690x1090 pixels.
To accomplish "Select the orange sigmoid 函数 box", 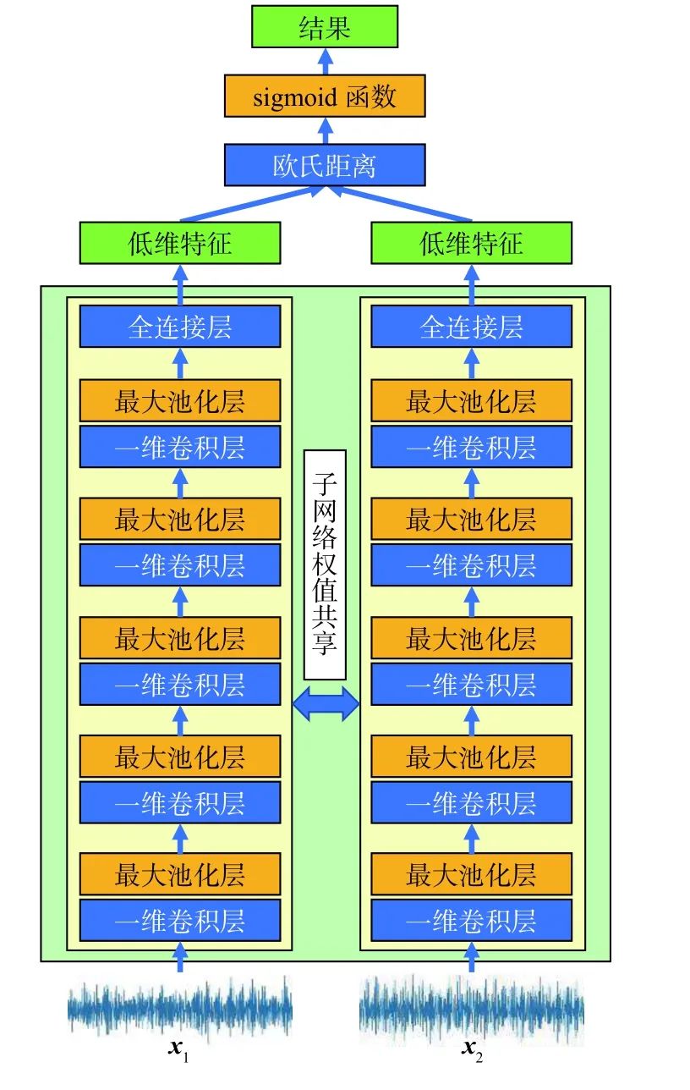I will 324,96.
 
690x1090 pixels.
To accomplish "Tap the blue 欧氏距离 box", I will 324,164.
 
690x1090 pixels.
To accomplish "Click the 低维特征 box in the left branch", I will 179,243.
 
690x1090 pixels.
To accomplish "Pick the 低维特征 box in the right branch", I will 471,243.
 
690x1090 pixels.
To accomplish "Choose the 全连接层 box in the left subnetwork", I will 179,327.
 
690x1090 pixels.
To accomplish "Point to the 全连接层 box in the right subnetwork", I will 471,327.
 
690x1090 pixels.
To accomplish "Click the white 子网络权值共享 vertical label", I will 325,564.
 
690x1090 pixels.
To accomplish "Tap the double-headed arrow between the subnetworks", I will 326,704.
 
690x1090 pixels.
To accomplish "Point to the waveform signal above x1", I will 179,1008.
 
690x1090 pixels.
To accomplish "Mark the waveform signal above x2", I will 471,1008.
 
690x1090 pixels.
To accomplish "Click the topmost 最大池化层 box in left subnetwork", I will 179,400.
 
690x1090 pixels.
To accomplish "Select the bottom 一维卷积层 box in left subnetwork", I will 179,920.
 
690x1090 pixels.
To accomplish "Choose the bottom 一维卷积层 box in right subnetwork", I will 471,920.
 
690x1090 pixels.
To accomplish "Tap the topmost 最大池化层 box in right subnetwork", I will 471,400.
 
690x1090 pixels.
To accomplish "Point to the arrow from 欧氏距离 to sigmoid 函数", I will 324,129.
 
